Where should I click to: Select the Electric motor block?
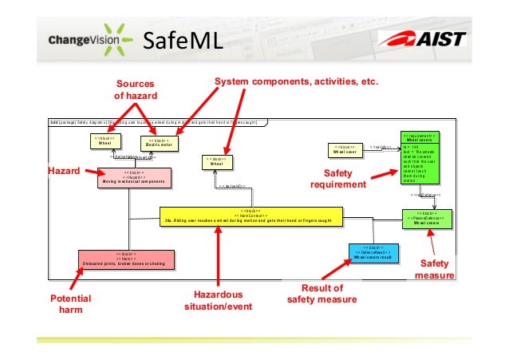(160, 143)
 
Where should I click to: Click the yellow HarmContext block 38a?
(251, 216)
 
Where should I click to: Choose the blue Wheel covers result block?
(372, 253)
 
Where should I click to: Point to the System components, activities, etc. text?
(295, 82)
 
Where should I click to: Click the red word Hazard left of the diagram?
(62, 170)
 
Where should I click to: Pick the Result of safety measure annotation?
(322, 294)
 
